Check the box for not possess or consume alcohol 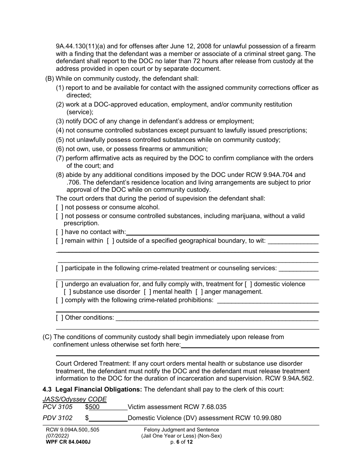59,207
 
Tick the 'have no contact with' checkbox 59,232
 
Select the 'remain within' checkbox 59,240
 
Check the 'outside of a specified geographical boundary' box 111,240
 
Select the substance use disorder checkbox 67,292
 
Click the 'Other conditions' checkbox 59,317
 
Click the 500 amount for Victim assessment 94,407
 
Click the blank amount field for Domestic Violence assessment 108,418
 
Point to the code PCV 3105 58,407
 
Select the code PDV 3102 58,418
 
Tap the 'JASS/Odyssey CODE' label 75,399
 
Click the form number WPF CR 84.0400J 68,442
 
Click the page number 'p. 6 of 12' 181,442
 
